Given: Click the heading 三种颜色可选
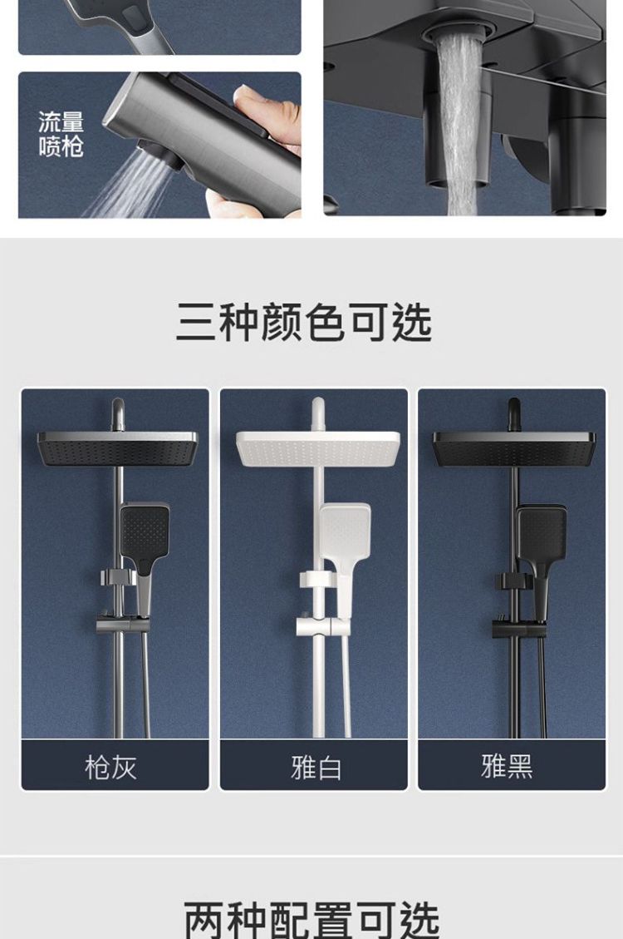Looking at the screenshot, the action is [x=304, y=323].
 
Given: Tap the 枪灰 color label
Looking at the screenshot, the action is [x=110, y=767].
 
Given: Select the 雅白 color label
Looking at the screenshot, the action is [x=316, y=767].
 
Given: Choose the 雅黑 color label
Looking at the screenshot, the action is [x=507, y=766].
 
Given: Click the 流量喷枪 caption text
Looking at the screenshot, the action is [x=61, y=134].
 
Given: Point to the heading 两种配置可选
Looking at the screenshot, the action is [x=311, y=920].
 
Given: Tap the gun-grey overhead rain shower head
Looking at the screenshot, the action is [x=117, y=448].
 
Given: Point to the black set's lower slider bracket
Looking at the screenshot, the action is [x=518, y=629].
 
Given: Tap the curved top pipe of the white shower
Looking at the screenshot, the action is [x=317, y=414].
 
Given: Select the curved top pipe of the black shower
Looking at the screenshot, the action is [x=513, y=414].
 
